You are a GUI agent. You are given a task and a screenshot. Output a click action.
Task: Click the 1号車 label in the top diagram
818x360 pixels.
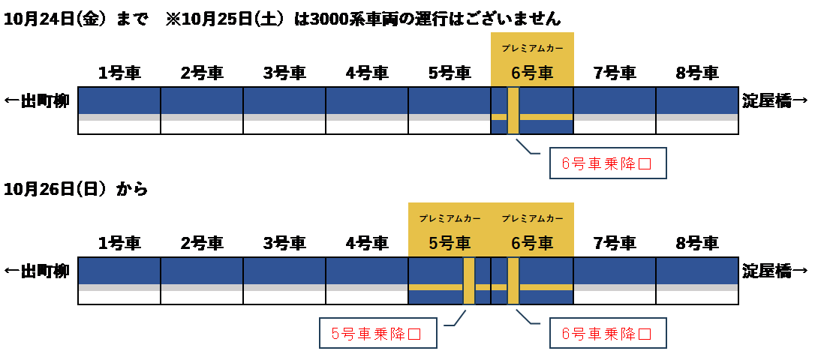pos(119,73)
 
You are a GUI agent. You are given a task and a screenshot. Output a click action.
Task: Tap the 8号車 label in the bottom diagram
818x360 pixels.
pos(697,243)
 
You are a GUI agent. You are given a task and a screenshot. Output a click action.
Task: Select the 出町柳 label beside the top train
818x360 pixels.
pos(38,100)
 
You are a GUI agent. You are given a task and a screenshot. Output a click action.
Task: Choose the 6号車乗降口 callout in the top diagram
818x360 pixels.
pos(607,163)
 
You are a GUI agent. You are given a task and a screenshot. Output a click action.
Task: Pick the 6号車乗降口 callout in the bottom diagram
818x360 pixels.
pos(607,333)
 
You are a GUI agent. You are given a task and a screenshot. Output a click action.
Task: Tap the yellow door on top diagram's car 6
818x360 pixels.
pos(513,111)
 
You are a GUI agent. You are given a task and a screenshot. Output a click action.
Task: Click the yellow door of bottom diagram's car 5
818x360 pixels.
pos(469,280)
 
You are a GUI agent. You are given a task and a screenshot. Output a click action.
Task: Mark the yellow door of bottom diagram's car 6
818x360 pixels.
pos(513,280)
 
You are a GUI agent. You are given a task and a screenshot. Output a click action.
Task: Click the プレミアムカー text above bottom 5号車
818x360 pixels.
pos(450,218)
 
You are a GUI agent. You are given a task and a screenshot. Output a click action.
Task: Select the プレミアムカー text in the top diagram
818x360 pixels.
pos(532,48)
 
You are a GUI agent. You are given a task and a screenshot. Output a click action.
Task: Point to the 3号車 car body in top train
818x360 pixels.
pos(284,110)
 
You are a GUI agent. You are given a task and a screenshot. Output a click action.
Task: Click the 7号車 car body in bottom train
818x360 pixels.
pos(615,280)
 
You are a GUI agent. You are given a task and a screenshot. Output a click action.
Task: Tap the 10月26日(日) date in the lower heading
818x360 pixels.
pos(52,190)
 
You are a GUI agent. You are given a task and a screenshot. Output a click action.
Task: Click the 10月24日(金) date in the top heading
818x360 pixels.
pos(52,19)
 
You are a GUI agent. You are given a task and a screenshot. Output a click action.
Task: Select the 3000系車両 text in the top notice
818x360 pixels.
pos(350,19)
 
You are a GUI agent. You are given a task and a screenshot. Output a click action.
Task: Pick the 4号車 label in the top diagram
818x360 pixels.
pos(367,73)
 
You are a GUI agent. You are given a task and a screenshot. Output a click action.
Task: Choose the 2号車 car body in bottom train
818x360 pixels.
pos(202,280)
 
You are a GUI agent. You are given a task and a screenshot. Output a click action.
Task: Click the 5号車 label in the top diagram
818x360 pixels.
pos(450,73)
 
